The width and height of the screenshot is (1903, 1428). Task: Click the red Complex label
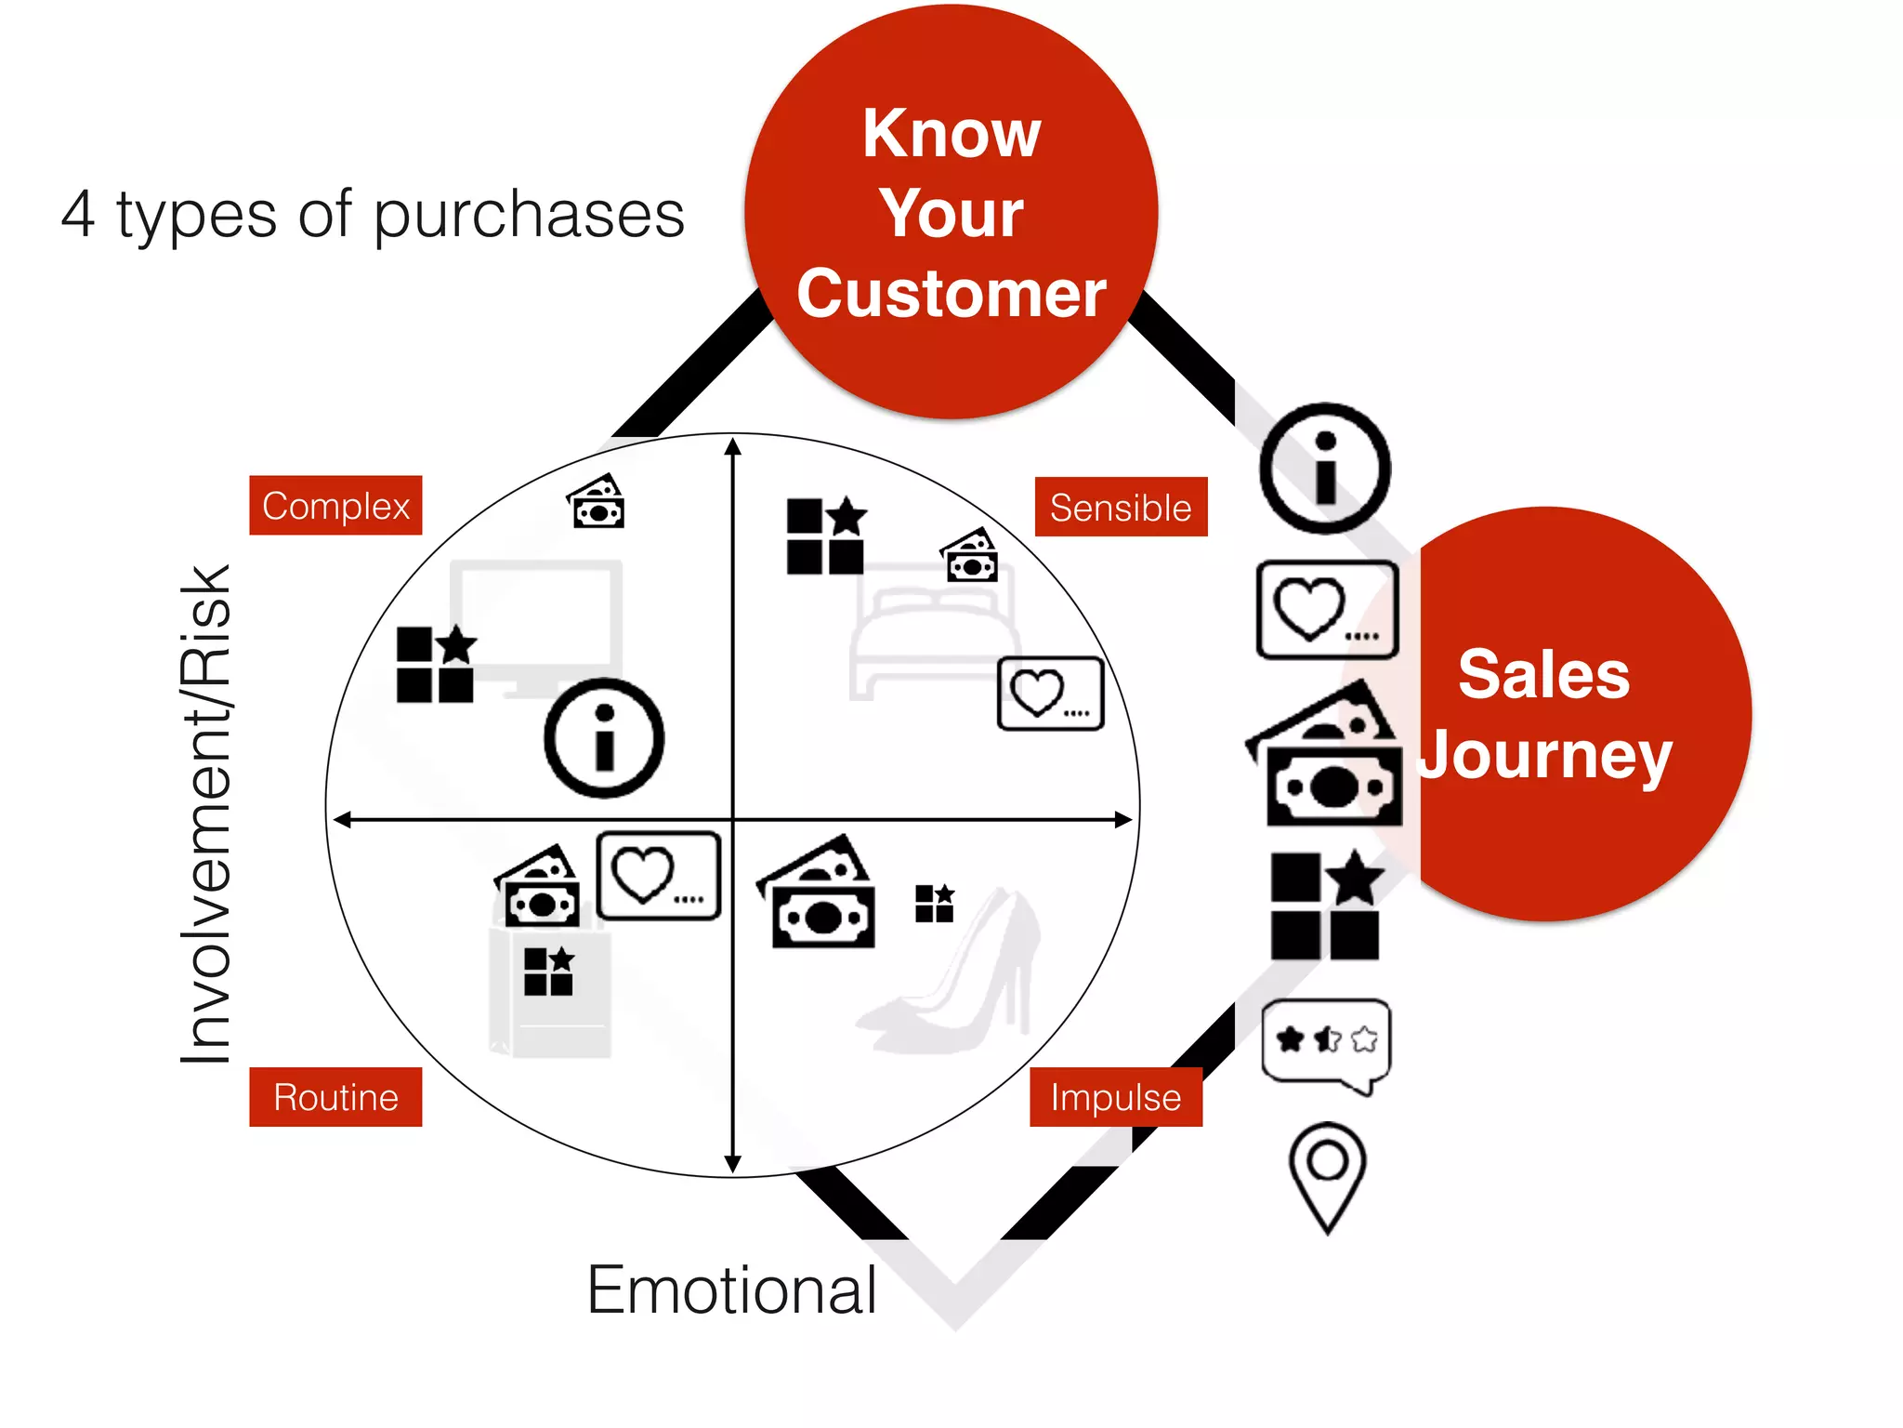pos(335,506)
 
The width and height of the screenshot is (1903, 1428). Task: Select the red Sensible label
pos(1121,508)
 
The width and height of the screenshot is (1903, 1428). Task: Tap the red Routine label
pos(335,1097)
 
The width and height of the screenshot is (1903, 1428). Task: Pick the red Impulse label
pos(1115,1097)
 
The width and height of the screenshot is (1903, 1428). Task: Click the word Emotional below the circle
pos(731,1289)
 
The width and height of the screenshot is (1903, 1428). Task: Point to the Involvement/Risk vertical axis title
pos(205,813)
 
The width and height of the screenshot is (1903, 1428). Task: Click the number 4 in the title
pos(78,214)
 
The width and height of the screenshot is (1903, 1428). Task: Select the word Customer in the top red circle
pos(951,294)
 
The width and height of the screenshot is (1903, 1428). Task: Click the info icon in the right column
pos(1325,469)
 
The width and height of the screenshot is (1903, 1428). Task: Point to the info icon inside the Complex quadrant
pos(604,738)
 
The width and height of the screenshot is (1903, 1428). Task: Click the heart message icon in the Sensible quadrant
pos(1050,694)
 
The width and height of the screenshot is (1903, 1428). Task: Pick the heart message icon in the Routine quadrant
pos(658,876)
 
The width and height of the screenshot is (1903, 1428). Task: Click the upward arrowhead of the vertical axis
pos(733,446)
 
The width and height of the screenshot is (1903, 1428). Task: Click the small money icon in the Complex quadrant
pos(597,502)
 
